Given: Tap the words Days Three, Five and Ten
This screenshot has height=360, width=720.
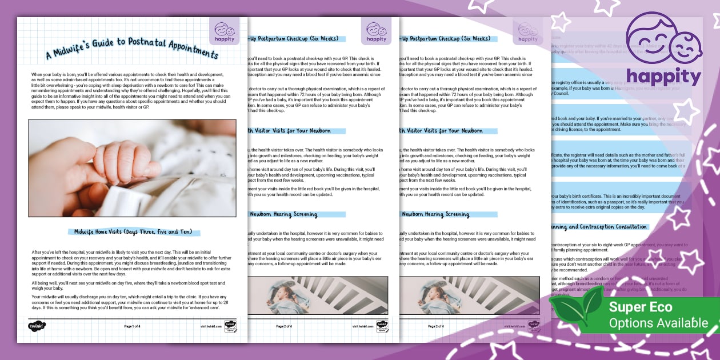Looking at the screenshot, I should pos(166,232).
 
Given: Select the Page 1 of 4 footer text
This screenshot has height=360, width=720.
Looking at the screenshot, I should pos(136,326).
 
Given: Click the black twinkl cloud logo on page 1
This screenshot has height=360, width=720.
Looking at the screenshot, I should pos(37,326).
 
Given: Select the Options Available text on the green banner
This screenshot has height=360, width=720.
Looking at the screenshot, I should pos(658,323).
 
